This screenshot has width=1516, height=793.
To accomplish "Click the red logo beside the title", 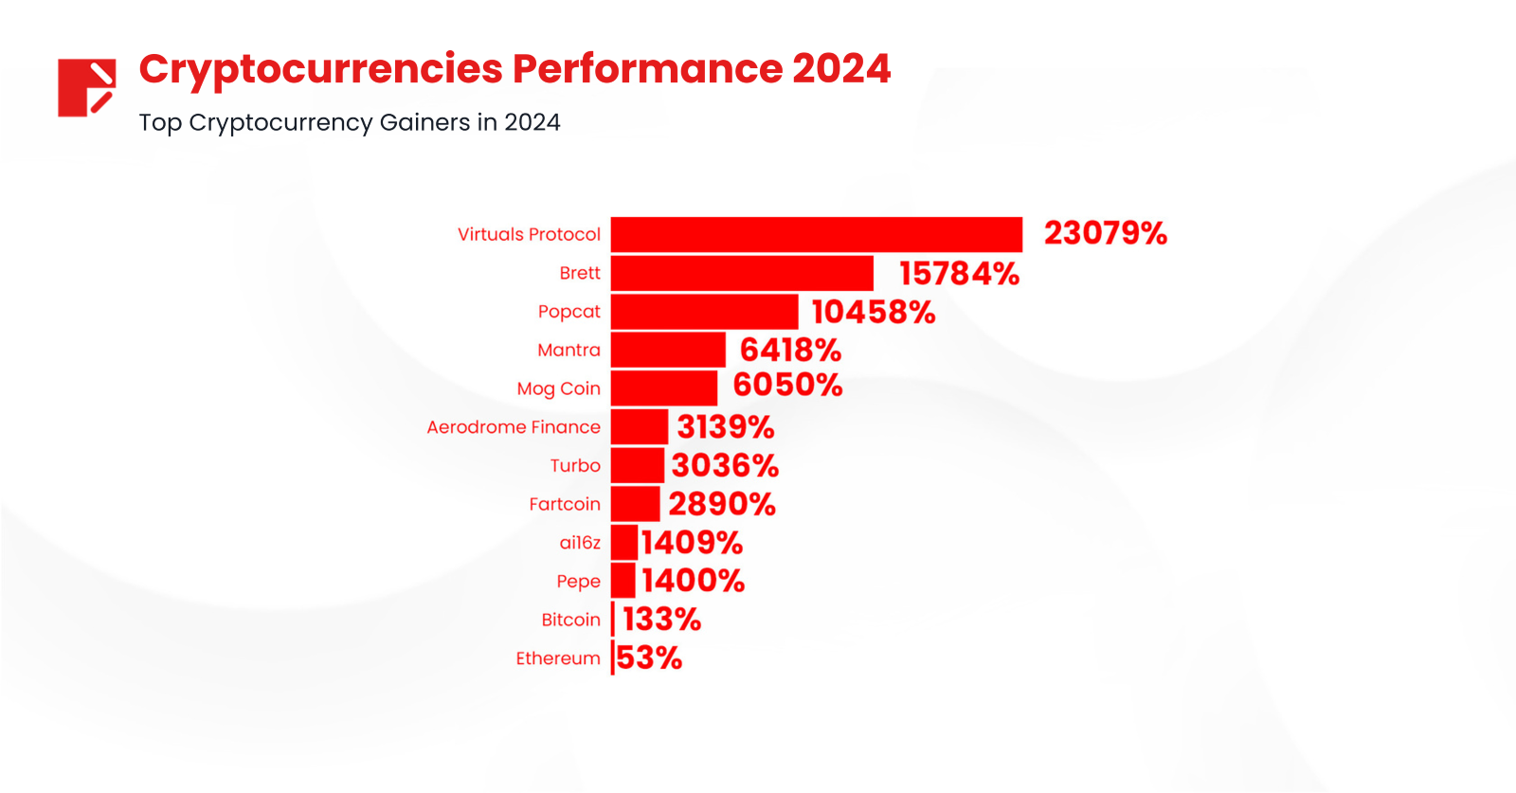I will coord(86,87).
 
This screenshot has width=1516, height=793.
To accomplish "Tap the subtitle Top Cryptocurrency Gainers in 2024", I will coord(349,123).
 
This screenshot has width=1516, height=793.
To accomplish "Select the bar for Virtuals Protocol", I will coord(816,235).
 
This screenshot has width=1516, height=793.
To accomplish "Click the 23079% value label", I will coord(1105,234).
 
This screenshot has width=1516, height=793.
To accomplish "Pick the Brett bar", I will coord(742,274).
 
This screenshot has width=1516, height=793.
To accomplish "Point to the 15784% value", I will coord(958,274).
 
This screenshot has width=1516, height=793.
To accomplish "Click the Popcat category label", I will coord(568,312).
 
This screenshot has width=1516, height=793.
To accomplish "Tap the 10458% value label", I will coord(873,312).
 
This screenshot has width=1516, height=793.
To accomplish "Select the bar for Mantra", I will coord(668,351).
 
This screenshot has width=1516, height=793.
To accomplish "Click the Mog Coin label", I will coord(558,388).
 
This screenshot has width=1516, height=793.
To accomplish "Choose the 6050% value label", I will coord(786,386).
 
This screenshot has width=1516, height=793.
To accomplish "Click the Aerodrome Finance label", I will coord(513,427).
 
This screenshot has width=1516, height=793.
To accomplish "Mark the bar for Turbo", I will coord(637,466).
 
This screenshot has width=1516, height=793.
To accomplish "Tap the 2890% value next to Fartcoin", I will coord(721,504).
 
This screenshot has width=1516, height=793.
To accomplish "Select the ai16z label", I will coord(579,543).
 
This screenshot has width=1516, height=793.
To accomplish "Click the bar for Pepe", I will coord(623,581).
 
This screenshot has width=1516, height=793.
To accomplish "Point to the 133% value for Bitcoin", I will coord(661,620).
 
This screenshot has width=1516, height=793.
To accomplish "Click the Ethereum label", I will coord(557,658).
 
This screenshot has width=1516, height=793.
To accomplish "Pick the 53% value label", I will coord(649,658).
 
